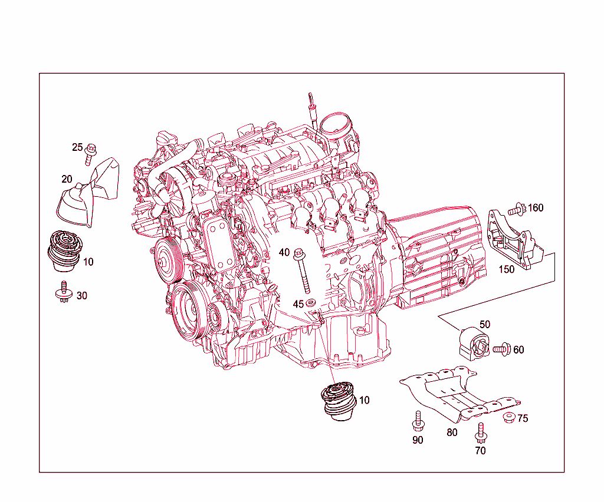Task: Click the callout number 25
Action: coord(77,147)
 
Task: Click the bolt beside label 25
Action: coord(90,152)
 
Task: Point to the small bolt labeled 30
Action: coord(64,293)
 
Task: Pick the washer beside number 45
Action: coord(311,303)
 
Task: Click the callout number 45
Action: coord(298,304)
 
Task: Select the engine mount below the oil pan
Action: coord(338,401)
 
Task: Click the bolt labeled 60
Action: coord(501,349)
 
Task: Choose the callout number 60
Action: coord(518,350)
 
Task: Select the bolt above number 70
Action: coord(481,432)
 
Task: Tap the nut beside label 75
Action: coord(507,418)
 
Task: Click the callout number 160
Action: coord(536,208)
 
